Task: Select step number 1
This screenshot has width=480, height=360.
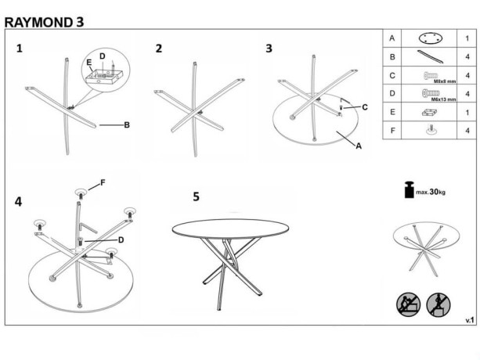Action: pos(20,49)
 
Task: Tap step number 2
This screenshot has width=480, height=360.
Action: pos(159,49)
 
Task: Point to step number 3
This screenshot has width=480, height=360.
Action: pos(269,49)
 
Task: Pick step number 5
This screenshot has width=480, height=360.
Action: pos(197,196)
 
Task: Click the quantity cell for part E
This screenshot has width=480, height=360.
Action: pos(467,113)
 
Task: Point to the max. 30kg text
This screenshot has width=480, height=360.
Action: pos(430,192)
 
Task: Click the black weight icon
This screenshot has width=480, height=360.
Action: pos(407,190)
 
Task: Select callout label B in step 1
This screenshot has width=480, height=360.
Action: pos(126,124)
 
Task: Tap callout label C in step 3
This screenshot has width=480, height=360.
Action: pos(364,106)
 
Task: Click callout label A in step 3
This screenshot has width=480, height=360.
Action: pos(359,146)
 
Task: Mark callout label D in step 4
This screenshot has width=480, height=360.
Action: pos(121,239)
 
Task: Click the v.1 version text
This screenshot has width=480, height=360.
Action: pos(470,320)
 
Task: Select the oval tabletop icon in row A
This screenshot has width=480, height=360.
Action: pos(431,38)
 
